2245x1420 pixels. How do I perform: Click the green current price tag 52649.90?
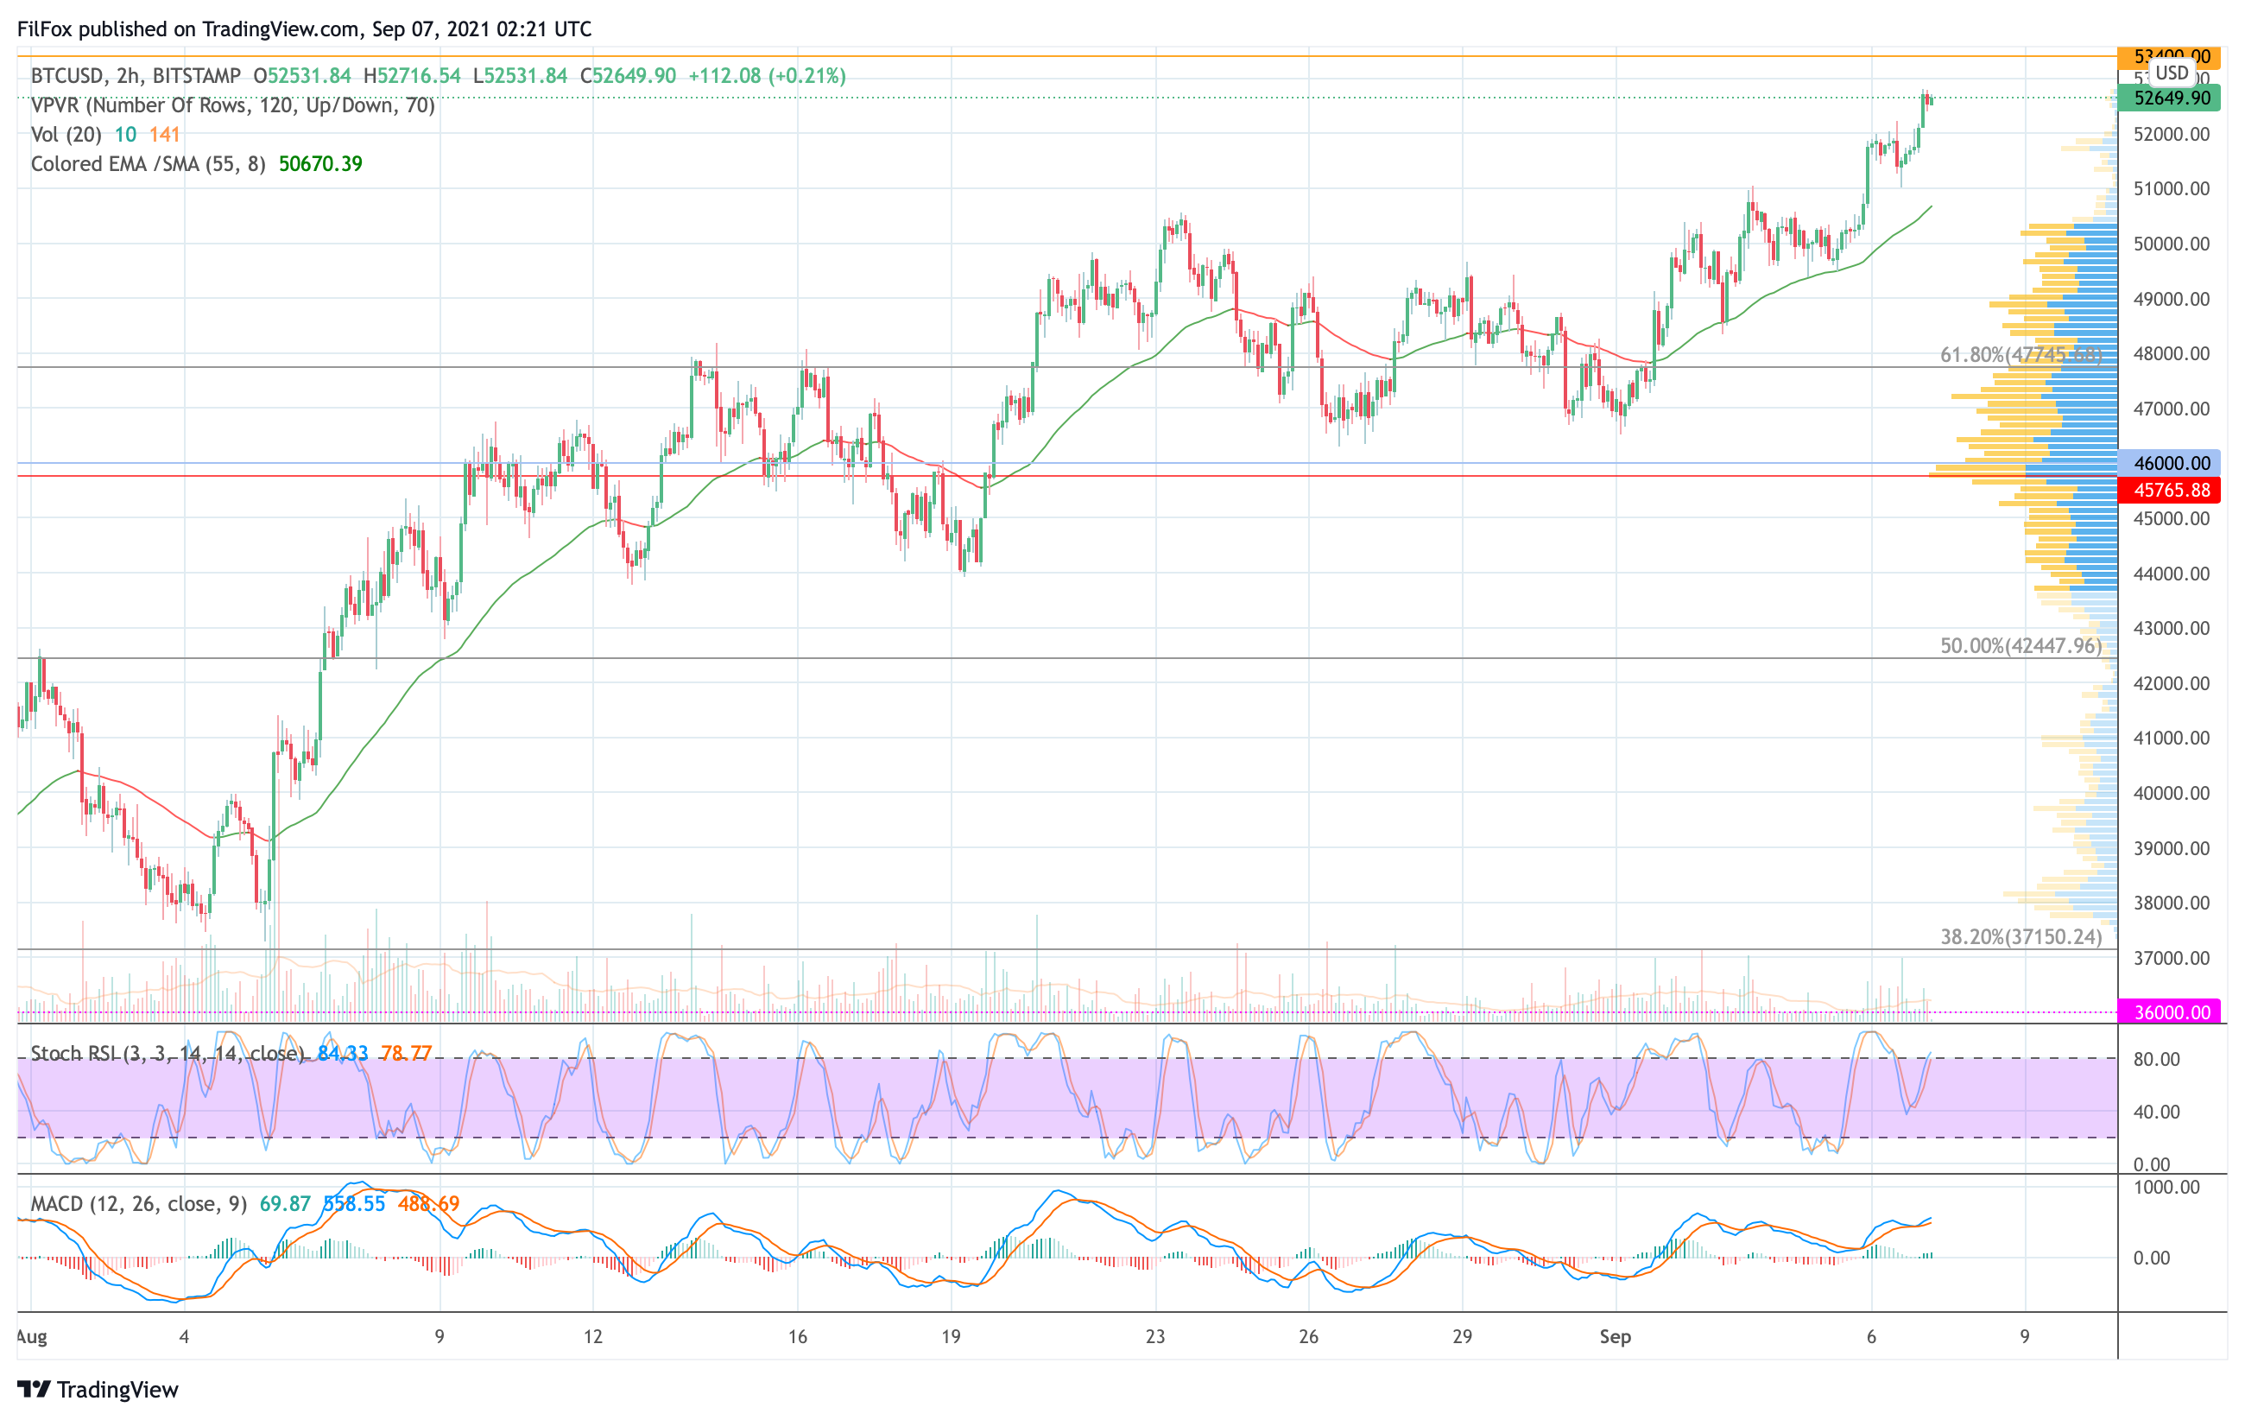[2171, 98]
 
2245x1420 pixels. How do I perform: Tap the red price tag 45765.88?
[2171, 491]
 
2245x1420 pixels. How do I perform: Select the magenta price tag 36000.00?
[2171, 1012]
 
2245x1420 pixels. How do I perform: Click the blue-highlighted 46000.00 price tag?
[2171, 463]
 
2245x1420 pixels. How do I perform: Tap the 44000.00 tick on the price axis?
[2171, 574]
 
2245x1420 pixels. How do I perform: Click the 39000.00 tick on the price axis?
[2171, 848]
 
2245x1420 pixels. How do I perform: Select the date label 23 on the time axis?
[1155, 1337]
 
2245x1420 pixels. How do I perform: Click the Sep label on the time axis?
[1615, 1337]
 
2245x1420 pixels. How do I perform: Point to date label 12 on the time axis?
[593, 1337]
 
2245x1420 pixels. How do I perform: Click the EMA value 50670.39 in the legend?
[319, 164]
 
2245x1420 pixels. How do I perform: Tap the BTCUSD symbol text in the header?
[68, 75]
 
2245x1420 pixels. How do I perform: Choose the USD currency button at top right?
[2172, 73]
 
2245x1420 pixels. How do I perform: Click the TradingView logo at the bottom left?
[98, 1389]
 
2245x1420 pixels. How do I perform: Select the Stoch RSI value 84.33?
[342, 1054]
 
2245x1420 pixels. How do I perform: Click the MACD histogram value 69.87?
[284, 1204]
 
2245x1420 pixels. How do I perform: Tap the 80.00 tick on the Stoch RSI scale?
[2155, 1059]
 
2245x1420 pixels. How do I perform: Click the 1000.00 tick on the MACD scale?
[2165, 1187]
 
